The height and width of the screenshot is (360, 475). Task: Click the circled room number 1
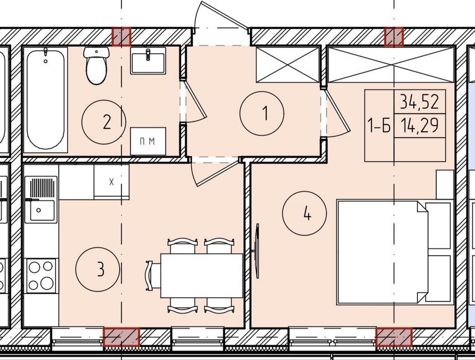[x=262, y=113]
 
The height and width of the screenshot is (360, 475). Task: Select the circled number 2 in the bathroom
[x=104, y=122]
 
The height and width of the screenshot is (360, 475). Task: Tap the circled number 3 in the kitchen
[x=98, y=269]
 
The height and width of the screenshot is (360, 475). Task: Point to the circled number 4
[x=304, y=213]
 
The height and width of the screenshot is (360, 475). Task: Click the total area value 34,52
[x=419, y=101]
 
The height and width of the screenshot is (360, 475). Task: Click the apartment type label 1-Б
[x=379, y=125]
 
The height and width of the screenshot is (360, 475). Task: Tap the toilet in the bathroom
[x=96, y=65]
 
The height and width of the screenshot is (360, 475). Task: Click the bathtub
[x=45, y=100]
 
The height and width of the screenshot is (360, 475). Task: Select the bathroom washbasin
[x=148, y=61]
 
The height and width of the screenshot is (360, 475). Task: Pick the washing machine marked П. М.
[x=148, y=141]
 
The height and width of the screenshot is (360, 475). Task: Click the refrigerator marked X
[x=112, y=182]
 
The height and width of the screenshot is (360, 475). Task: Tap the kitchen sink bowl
[x=42, y=209]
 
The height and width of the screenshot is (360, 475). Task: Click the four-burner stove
[x=41, y=276]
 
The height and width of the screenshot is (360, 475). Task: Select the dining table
[x=202, y=276]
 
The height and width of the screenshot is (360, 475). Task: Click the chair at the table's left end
[x=153, y=276]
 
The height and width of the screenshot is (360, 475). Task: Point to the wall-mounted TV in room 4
[x=257, y=250]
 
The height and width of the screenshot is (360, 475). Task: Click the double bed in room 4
[x=394, y=252]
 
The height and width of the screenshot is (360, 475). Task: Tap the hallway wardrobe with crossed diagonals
[x=288, y=64]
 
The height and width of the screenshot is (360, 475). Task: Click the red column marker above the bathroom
[x=122, y=37]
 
